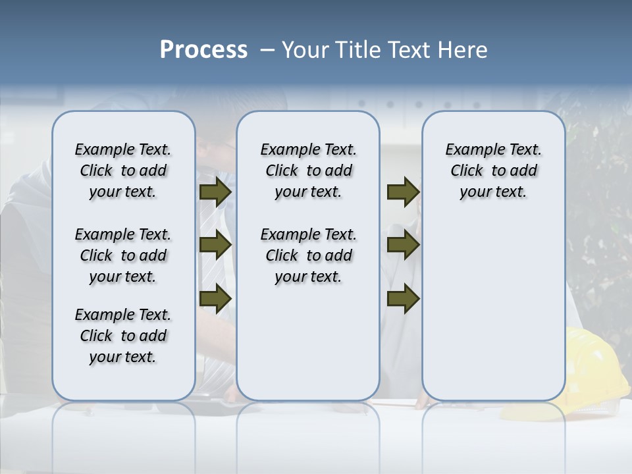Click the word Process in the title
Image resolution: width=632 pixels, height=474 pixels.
(203, 50)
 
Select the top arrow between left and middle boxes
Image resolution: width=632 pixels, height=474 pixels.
(215, 192)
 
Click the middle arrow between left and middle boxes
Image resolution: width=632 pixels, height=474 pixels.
(215, 246)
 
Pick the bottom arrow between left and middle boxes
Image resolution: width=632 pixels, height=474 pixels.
(215, 298)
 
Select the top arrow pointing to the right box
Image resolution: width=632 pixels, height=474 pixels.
(403, 192)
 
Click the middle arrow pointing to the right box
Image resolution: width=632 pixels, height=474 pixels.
(403, 246)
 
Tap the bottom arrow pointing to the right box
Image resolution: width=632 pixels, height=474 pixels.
(403, 298)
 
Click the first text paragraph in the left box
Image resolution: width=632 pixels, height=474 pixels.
(123, 171)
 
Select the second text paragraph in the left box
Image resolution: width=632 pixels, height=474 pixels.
(123, 255)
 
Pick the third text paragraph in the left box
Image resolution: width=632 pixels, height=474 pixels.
(123, 336)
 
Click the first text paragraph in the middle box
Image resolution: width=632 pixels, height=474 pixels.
(309, 171)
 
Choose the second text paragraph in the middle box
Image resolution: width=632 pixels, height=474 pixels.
(309, 255)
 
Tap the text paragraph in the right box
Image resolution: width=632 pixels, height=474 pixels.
(494, 171)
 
